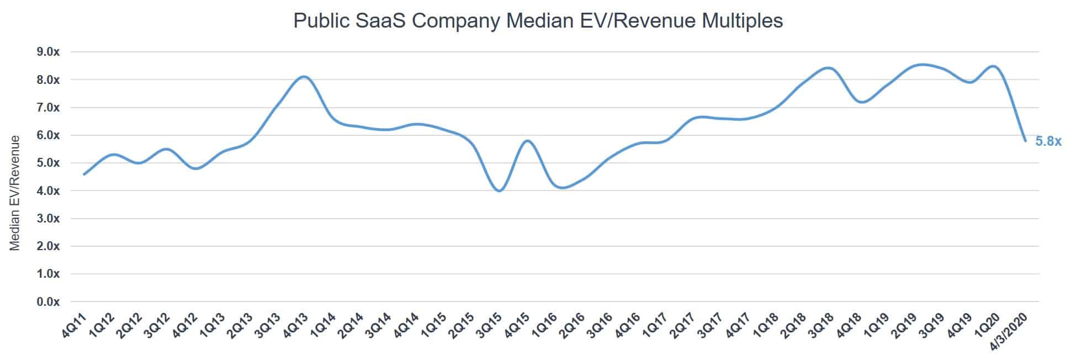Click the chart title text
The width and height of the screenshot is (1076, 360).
coord(538,20)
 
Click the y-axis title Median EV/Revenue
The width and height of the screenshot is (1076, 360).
coord(15,193)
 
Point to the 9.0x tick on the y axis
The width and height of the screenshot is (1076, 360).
coord(48,52)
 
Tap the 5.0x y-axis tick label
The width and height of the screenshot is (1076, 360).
coord(48,163)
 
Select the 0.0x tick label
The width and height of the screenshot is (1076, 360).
coord(48,301)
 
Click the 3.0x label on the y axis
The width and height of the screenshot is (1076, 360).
coord(48,219)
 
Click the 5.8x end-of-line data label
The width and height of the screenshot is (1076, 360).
coord(1048,142)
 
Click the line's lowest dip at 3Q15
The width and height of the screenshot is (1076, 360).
coord(500,190)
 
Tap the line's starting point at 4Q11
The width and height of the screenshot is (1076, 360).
coord(84,174)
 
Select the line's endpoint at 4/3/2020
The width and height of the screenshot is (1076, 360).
coord(1025,141)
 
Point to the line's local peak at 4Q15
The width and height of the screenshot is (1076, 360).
coord(528,141)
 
